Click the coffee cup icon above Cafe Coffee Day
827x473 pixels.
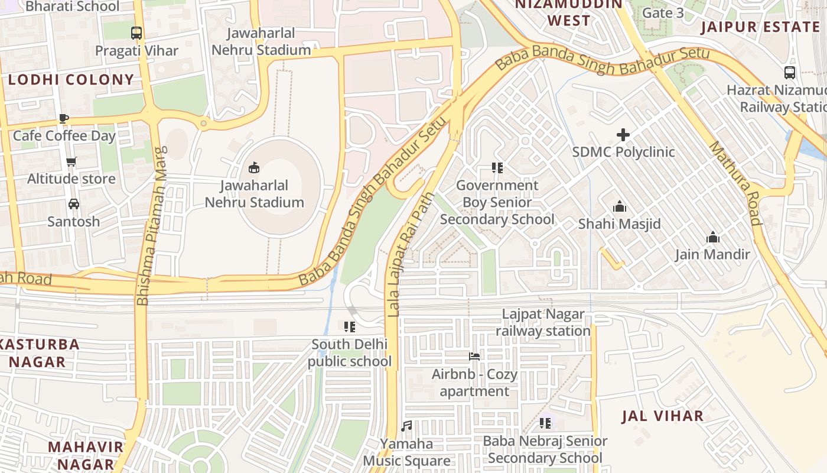pos(64,118)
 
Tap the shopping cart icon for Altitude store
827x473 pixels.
pos(71,161)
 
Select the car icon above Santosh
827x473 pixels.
pos(74,204)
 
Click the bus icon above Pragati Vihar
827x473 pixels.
pos(136,33)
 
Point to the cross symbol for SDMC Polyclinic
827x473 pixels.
pos(623,135)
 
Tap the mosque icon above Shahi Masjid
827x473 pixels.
pos(619,206)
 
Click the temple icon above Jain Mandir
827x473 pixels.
pos(713,237)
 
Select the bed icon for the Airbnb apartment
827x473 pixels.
pos(474,357)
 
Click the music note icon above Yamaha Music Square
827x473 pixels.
pos(406,426)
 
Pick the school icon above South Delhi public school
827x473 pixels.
pos(350,326)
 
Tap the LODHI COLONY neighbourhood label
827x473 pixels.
pos(71,80)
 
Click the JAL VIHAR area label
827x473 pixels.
pos(663,416)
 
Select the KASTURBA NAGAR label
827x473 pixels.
pos(39,353)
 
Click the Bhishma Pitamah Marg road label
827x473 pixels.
pos(152,226)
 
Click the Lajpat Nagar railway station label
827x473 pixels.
pos(543,322)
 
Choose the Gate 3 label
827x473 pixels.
pos(663,12)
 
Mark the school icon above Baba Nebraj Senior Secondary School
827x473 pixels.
pos(545,423)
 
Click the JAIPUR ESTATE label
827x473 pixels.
pos(760,27)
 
